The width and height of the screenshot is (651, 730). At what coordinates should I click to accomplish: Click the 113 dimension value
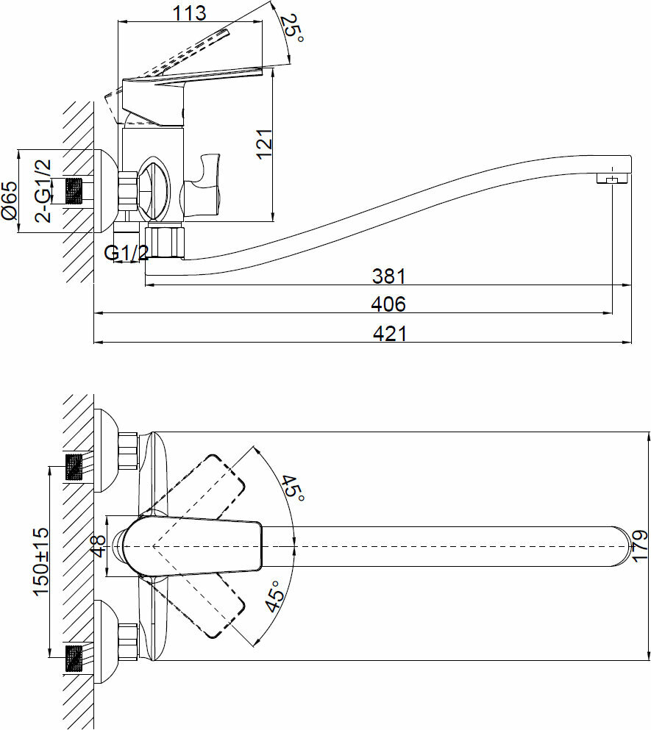coord(190,12)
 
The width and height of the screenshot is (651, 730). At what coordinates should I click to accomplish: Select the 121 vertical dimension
coord(265,143)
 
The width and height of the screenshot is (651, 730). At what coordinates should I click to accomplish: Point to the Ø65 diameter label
coord(10,201)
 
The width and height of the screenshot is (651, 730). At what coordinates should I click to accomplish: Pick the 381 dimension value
coord(388,276)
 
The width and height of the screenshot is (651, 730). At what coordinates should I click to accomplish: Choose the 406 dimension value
coord(388,304)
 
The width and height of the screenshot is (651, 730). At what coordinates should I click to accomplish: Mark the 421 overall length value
coord(388,333)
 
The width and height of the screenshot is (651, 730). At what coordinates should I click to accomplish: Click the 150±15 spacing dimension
coord(40,560)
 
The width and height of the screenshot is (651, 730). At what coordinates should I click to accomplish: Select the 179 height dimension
coord(639,545)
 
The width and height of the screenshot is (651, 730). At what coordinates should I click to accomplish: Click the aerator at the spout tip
coord(611,179)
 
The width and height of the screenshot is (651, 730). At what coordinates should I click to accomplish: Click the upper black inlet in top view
coord(74,467)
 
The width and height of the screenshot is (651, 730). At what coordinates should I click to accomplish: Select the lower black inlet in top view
coord(74,656)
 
